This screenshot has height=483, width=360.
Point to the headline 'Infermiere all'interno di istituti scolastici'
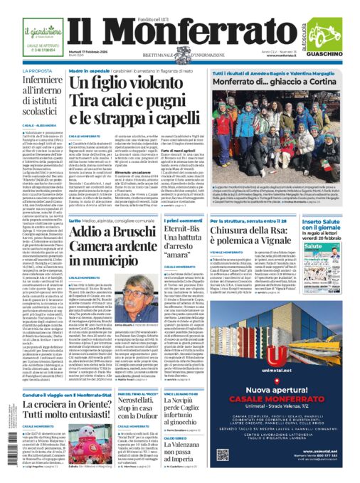click(44, 100)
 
